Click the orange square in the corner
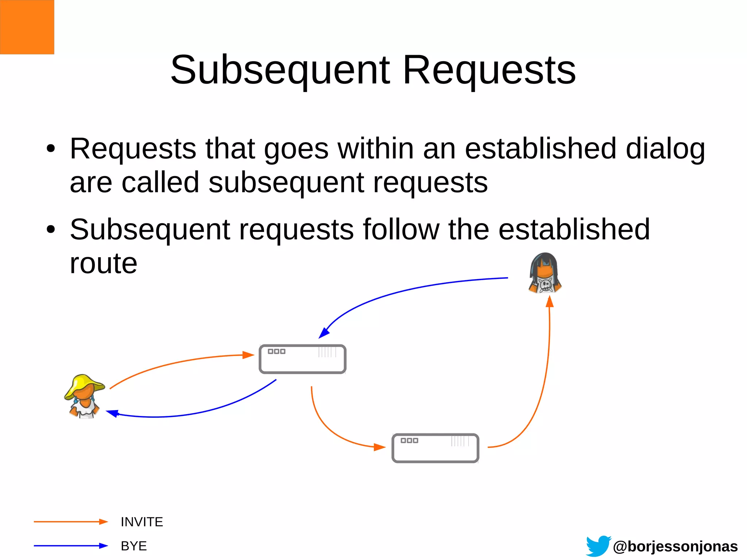coord(27,27)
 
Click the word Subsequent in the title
coord(280,70)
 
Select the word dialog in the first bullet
coord(665,150)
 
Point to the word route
coord(104,263)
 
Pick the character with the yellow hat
coord(85,396)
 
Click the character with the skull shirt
coord(545,273)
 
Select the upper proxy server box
coord(302,359)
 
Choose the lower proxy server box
coord(435,448)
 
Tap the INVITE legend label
coord(142,522)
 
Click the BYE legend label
coord(133,546)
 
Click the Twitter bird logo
coord(598,546)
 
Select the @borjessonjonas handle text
coord(675,547)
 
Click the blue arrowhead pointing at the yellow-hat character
coord(112,413)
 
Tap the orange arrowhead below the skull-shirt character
coord(550,302)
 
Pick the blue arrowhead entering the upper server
coord(324,333)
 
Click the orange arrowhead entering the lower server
coord(380,447)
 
